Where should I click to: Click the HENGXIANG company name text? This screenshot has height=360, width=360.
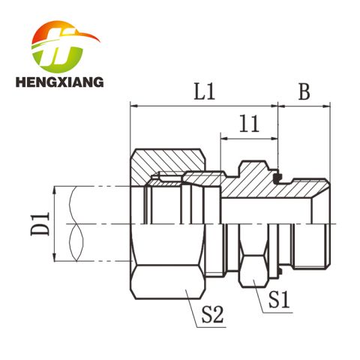click(59, 82)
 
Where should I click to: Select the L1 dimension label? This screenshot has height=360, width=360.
click(205, 91)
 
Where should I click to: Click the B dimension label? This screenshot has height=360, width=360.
click(304, 91)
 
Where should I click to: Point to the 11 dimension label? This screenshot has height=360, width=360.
click(249, 124)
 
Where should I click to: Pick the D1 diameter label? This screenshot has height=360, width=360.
click(40, 223)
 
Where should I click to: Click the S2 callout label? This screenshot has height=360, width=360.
click(212, 314)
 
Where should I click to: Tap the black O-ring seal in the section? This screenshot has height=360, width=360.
click(277, 178)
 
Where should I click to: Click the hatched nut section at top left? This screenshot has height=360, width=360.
click(168, 162)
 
